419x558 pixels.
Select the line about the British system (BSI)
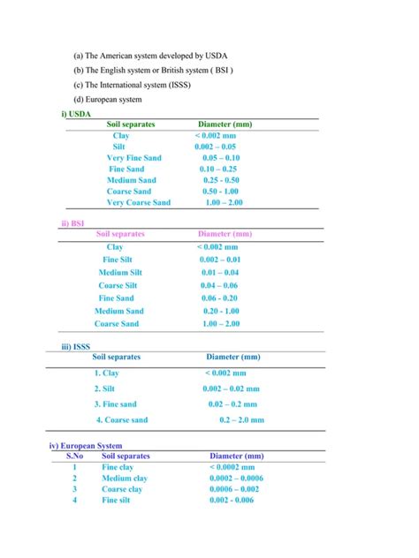153,70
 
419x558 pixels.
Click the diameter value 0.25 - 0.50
220,179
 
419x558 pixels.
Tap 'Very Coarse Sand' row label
139,202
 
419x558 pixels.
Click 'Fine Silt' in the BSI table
121,260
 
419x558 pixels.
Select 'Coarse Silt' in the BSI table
118,285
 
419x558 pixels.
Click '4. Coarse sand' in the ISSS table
122,420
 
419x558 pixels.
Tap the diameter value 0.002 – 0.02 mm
231,388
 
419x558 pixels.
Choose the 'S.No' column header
75,456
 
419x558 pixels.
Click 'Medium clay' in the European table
125,478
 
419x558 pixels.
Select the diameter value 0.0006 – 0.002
234,489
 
